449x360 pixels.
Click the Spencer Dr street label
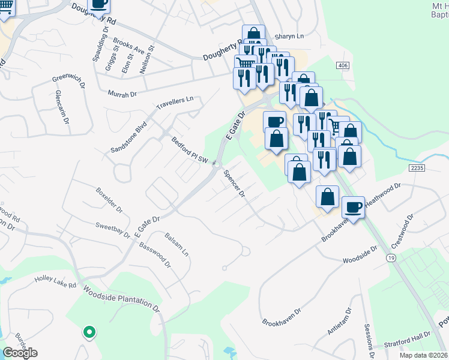pyautogui.click(x=234, y=184)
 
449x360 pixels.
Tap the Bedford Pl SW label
pyautogui.click(x=190, y=151)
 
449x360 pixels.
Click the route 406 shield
pyautogui.click(x=343, y=65)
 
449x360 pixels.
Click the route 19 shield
pyautogui.click(x=390, y=257)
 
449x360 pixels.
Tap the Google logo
pyautogui.click(x=20, y=353)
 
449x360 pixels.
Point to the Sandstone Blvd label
pyautogui.click(x=128, y=137)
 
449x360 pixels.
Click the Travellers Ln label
pyautogui.click(x=175, y=103)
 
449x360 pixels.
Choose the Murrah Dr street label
pyautogui.click(x=122, y=94)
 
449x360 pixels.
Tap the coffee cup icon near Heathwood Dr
pyautogui.click(x=353, y=207)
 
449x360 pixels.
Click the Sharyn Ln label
pyautogui.click(x=290, y=36)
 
